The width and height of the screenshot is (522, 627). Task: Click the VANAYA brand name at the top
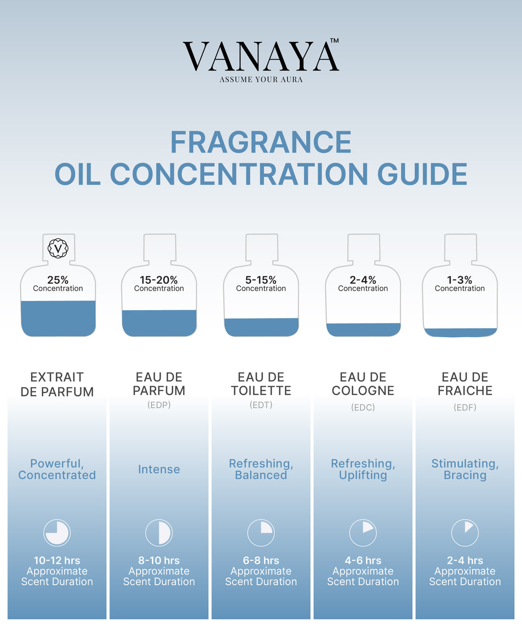(x=261, y=56)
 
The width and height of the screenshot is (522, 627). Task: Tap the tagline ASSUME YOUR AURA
(x=261, y=80)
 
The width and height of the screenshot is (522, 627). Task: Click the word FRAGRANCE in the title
(x=261, y=142)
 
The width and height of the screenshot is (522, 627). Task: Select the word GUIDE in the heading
(x=422, y=174)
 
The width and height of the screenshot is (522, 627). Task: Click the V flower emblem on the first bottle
(x=58, y=248)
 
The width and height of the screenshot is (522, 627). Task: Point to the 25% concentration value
(x=58, y=280)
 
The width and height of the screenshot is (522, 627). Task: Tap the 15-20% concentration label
(x=159, y=280)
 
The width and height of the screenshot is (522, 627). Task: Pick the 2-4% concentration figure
(x=363, y=280)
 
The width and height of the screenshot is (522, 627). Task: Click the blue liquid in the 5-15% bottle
(x=262, y=327)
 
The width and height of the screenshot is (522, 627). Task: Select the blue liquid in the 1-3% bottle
(x=460, y=333)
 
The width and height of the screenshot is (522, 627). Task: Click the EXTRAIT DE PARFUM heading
(x=57, y=384)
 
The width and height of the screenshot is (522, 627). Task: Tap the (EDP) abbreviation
(x=159, y=405)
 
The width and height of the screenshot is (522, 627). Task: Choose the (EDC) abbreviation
(x=363, y=407)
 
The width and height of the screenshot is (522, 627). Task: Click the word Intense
(x=159, y=469)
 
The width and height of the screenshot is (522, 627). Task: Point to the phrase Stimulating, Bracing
(x=465, y=469)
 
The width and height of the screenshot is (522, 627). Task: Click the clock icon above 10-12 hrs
(x=57, y=533)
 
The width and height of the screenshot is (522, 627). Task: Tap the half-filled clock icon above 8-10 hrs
(x=159, y=533)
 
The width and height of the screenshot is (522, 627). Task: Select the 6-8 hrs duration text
(x=261, y=560)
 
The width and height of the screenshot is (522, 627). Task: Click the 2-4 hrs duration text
(x=465, y=560)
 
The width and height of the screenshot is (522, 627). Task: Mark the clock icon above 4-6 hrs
(x=363, y=533)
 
